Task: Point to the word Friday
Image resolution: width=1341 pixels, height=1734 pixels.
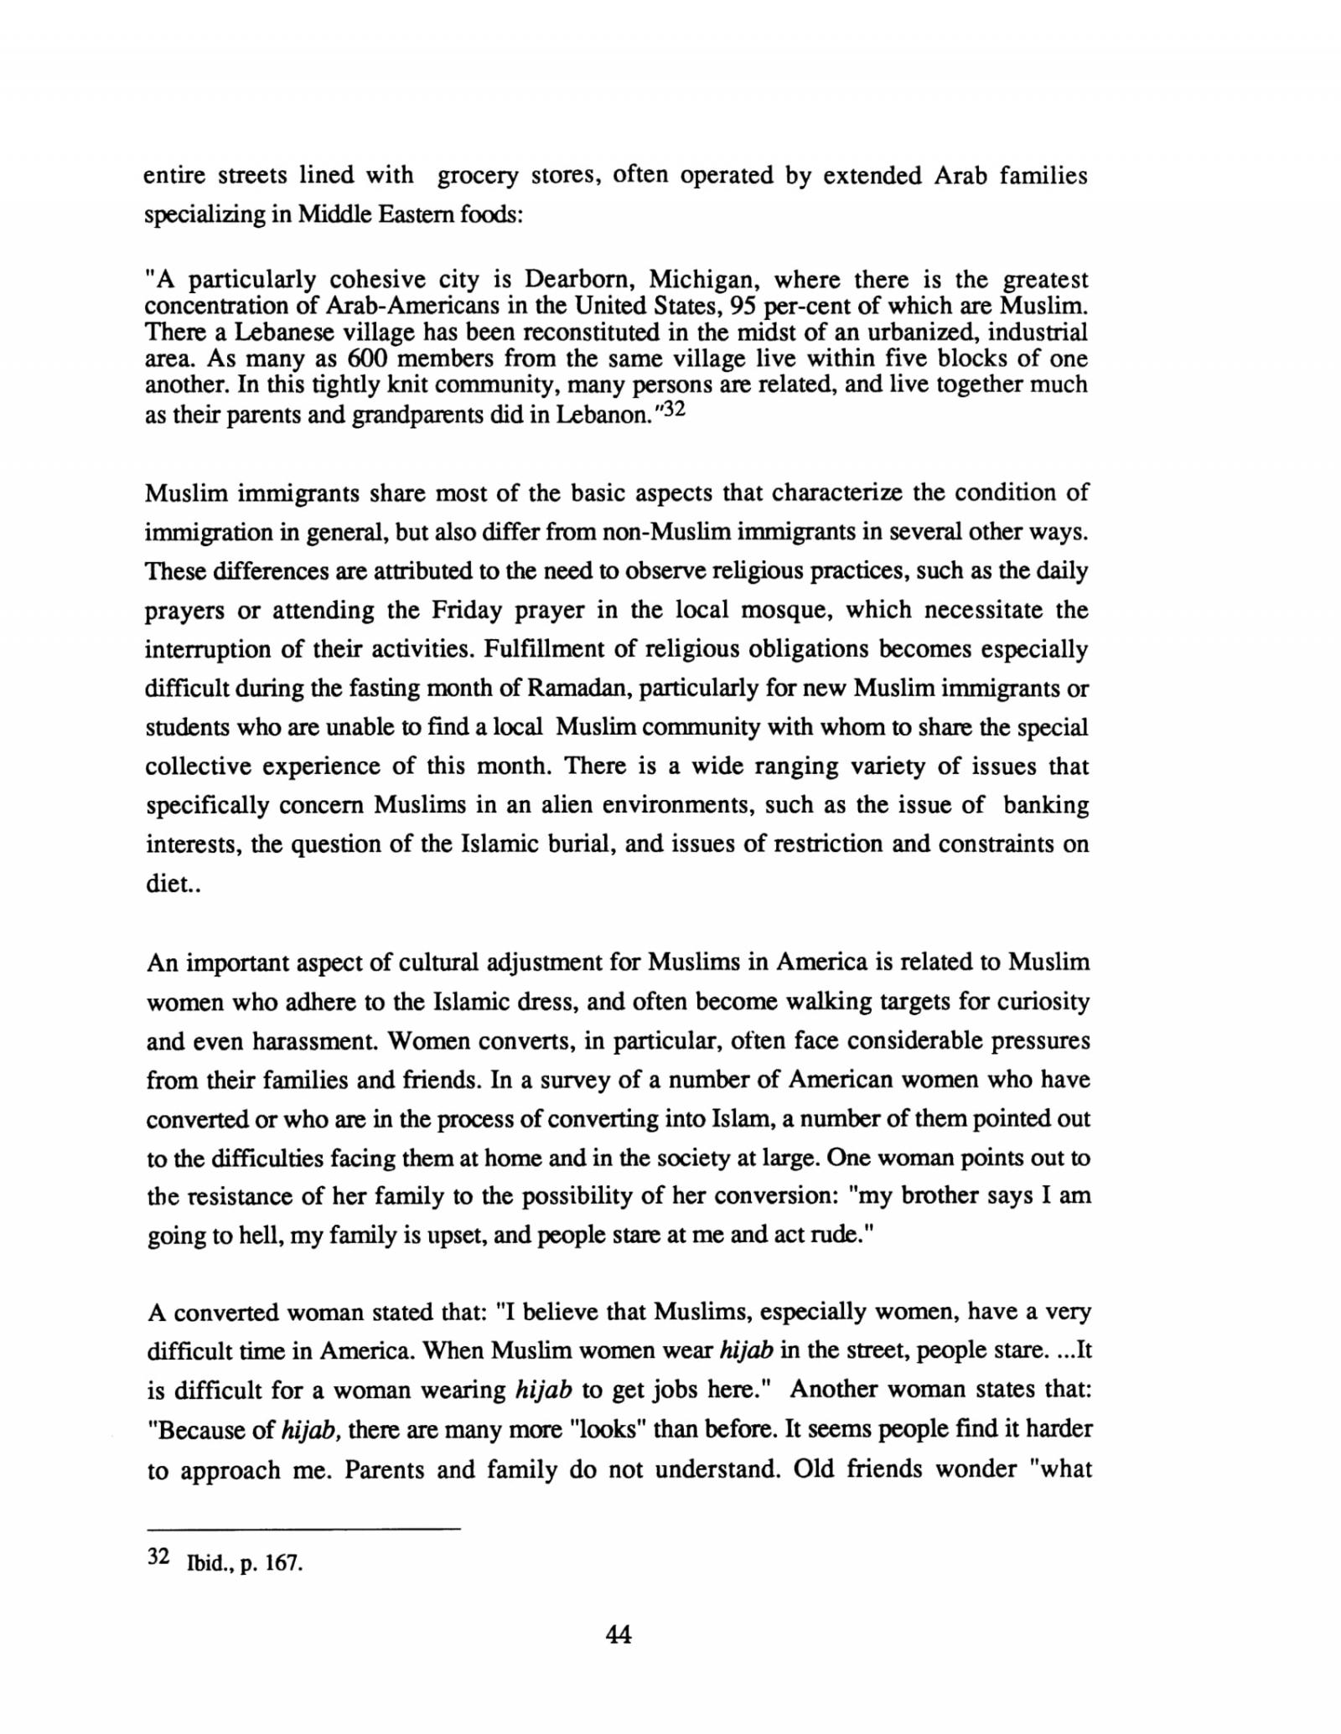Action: click(466, 610)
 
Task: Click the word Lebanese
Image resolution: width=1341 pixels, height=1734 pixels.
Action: click(275, 333)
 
